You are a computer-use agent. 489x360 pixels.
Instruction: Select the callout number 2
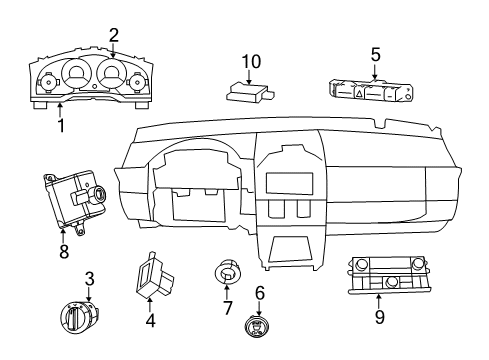coord(113,34)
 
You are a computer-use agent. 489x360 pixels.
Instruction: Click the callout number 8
coord(64,251)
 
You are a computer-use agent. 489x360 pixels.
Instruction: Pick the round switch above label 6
coord(259,329)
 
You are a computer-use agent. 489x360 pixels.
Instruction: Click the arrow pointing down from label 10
coord(249,66)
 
